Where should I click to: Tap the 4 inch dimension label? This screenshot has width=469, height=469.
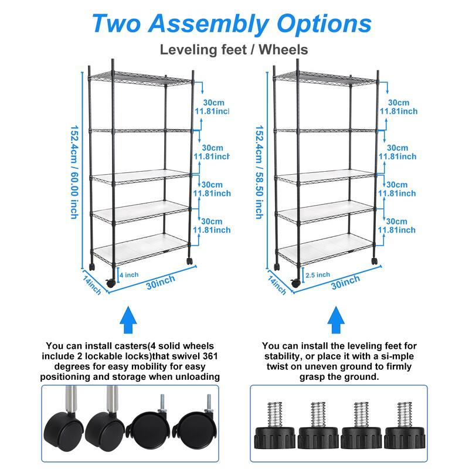pyautogui.click(x=129, y=274)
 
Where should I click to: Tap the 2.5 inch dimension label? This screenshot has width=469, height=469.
pyautogui.click(x=318, y=274)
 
